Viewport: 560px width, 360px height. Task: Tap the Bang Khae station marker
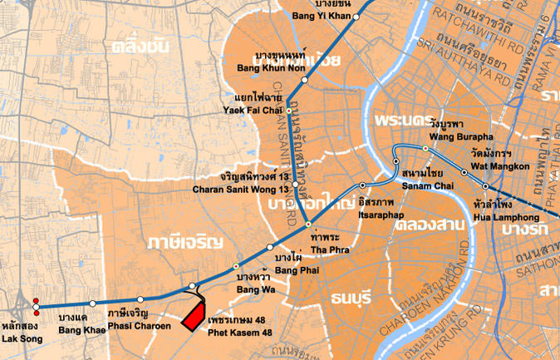[92, 303]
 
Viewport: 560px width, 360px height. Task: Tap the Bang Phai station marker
[270, 247]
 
